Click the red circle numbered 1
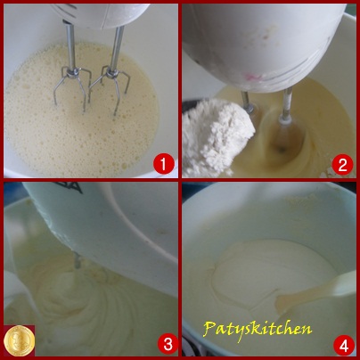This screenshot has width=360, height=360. (x=163, y=164)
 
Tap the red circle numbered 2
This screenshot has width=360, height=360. (x=342, y=164)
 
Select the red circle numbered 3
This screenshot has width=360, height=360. (x=168, y=344)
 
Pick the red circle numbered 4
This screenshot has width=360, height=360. (x=344, y=346)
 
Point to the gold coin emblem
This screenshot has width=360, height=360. (x=20, y=340)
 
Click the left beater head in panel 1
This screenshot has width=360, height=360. (x=71, y=87)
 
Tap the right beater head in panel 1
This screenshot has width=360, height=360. (x=110, y=89)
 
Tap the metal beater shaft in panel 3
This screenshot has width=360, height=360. (x=77, y=260)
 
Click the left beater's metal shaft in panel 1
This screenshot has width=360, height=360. (x=70, y=45)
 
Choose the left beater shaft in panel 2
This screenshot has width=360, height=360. (x=247, y=102)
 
